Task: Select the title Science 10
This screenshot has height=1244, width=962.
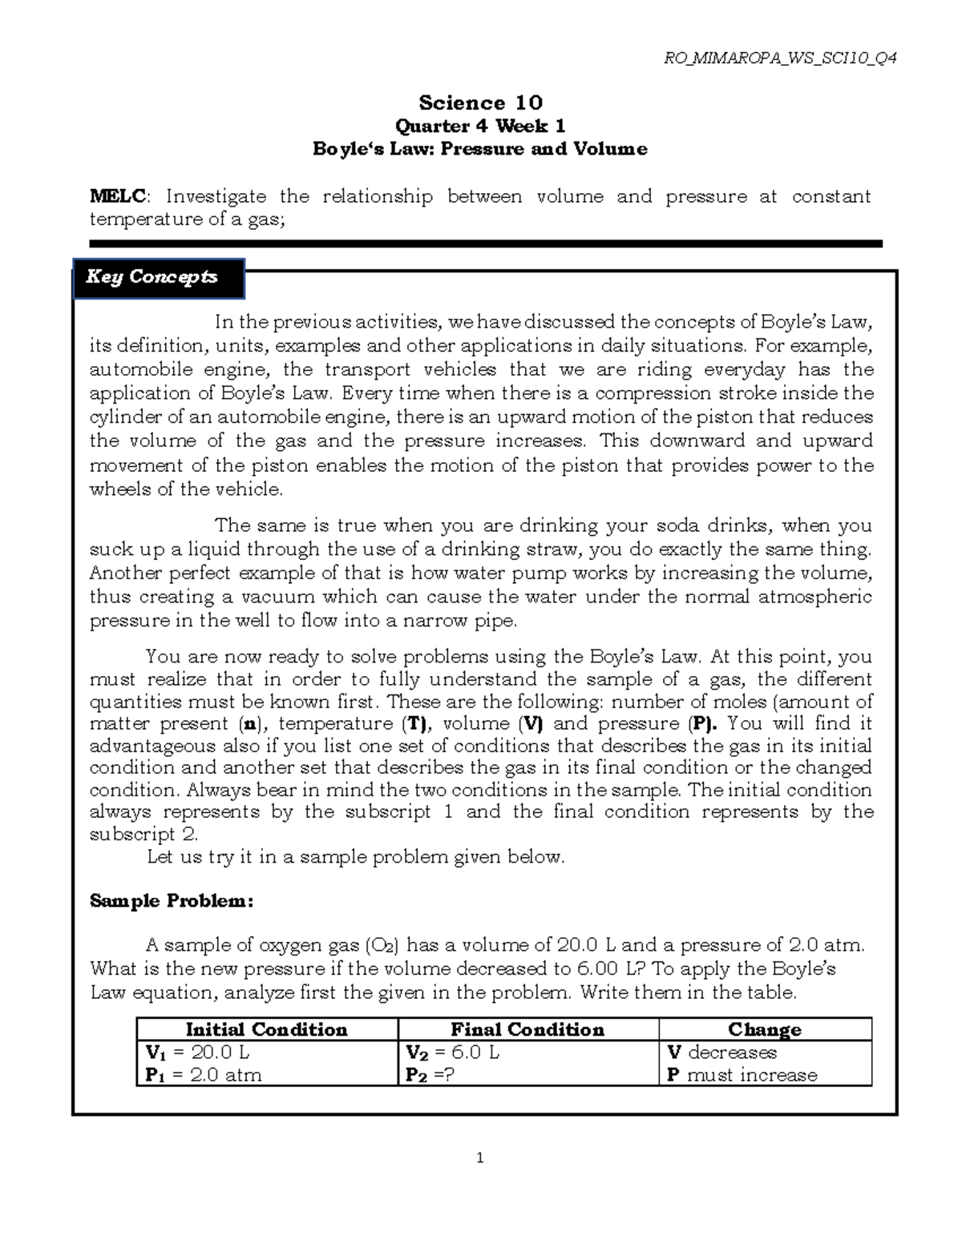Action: click(x=480, y=103)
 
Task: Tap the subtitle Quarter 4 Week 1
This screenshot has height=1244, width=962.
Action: click(x=480, y=126)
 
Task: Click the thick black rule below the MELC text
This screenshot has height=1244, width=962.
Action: click(x=485, y=244)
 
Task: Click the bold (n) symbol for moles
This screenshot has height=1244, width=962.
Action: click(x=249, y=723)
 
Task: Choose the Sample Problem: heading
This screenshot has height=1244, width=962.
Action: click(x=172, y=901)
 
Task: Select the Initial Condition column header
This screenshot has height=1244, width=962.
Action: click(x=266, y=1029)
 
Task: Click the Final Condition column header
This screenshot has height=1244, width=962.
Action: click(x=527, y=1029)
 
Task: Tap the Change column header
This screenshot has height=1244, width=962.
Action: click(x=764, y=1029)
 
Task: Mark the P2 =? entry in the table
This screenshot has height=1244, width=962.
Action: click(x=430, y=1075)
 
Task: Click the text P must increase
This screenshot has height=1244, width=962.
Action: click(x=742, y=1075)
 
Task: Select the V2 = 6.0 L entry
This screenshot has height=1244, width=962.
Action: click(x=452, y=1053)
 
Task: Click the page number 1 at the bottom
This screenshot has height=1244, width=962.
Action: click(x=480, y=1157)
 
